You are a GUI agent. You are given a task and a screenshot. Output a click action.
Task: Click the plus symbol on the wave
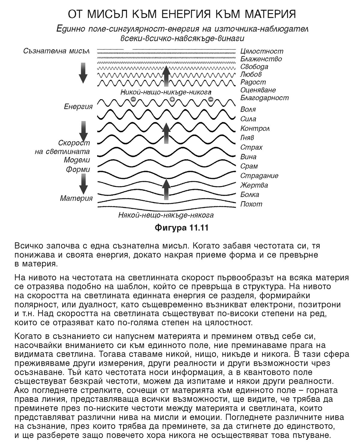click(x=172, y=100)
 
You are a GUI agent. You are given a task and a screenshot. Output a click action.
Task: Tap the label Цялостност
click(x=262, y=51)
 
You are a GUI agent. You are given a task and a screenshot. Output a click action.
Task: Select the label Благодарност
click(x=264, y=97)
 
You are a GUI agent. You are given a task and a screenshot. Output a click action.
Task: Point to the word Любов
click(x=251, y=74)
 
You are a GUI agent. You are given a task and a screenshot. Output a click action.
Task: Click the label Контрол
click(x=255, y=128)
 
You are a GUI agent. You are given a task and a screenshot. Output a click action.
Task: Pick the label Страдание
click(x=259, y=175)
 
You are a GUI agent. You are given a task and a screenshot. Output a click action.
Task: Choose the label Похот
click(x=251, y=204)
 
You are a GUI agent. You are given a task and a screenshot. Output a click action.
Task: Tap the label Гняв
click(x=247, y=138)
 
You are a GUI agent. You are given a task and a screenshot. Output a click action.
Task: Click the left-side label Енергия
click(x=78, y=107)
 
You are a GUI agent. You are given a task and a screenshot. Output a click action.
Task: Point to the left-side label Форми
click(x=78, y=169)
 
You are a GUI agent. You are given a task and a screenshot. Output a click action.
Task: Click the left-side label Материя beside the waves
click(x=76, y=198)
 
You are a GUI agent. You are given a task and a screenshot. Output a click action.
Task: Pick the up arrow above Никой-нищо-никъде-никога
click(x=166, y=76)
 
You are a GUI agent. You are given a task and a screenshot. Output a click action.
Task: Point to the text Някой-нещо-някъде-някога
click(x=166, y=215)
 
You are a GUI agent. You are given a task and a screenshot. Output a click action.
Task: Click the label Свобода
click(x=254, y=67)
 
